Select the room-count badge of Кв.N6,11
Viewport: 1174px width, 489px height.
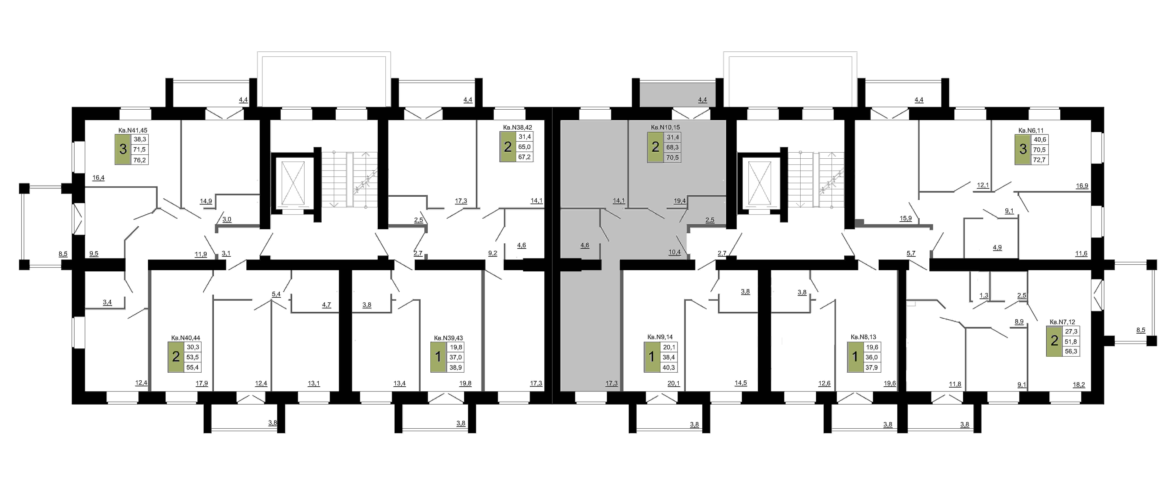(x=1023, y=149)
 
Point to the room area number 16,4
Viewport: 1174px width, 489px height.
(x=98, y=178)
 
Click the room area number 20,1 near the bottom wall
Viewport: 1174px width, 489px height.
(x=674, y=383)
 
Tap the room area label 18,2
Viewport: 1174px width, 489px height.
(x=1079, y=385)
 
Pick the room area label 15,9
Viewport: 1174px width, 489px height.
(x=906, y=218)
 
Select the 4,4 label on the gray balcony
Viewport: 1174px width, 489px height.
(x=702, y=100)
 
